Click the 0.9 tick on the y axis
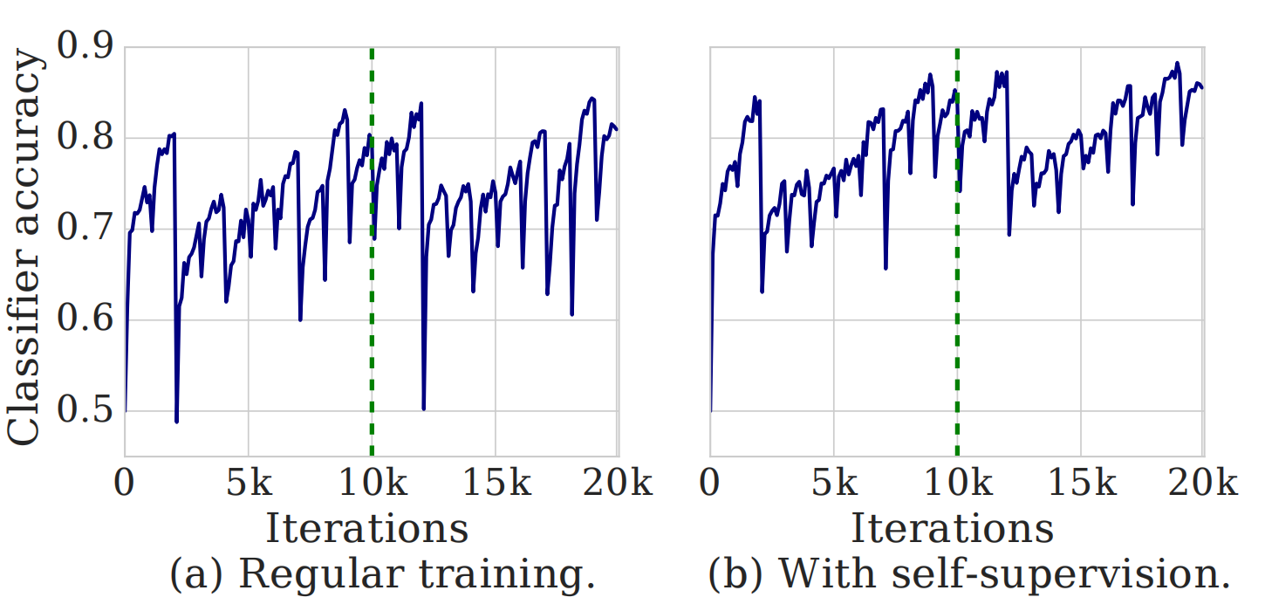click(x=84, y=46)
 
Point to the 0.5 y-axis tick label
click(x=84, y=411)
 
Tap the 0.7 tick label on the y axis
click(x=84, y=230)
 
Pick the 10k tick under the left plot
click(x=372, y=484)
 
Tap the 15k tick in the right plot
click(x=1081, y=484)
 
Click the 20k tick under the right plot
click(x=1204, y=484)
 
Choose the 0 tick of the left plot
click(x=126, y=484)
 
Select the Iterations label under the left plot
click(x=366, y=529)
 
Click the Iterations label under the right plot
click(x=952, y=529)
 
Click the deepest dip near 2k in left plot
click(x=176, y=422)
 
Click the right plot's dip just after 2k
click(x=762, y=291)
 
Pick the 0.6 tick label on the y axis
click(x=84, y=320)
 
